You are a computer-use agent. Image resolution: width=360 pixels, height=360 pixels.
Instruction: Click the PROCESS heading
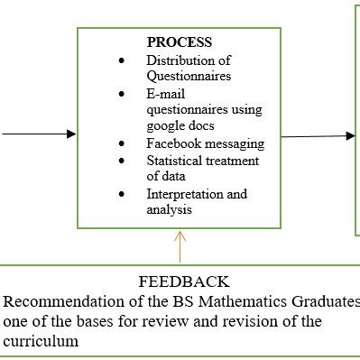coord(179,42)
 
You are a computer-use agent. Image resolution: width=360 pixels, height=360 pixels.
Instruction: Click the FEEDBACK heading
coord(183,282)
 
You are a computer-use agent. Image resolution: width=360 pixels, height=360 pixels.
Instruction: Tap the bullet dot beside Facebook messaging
coord(122,143)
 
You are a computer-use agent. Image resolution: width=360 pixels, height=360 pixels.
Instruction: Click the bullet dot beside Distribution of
coord(122,60)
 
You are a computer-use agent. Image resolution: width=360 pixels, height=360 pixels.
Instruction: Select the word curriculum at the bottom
coord(41,341)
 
